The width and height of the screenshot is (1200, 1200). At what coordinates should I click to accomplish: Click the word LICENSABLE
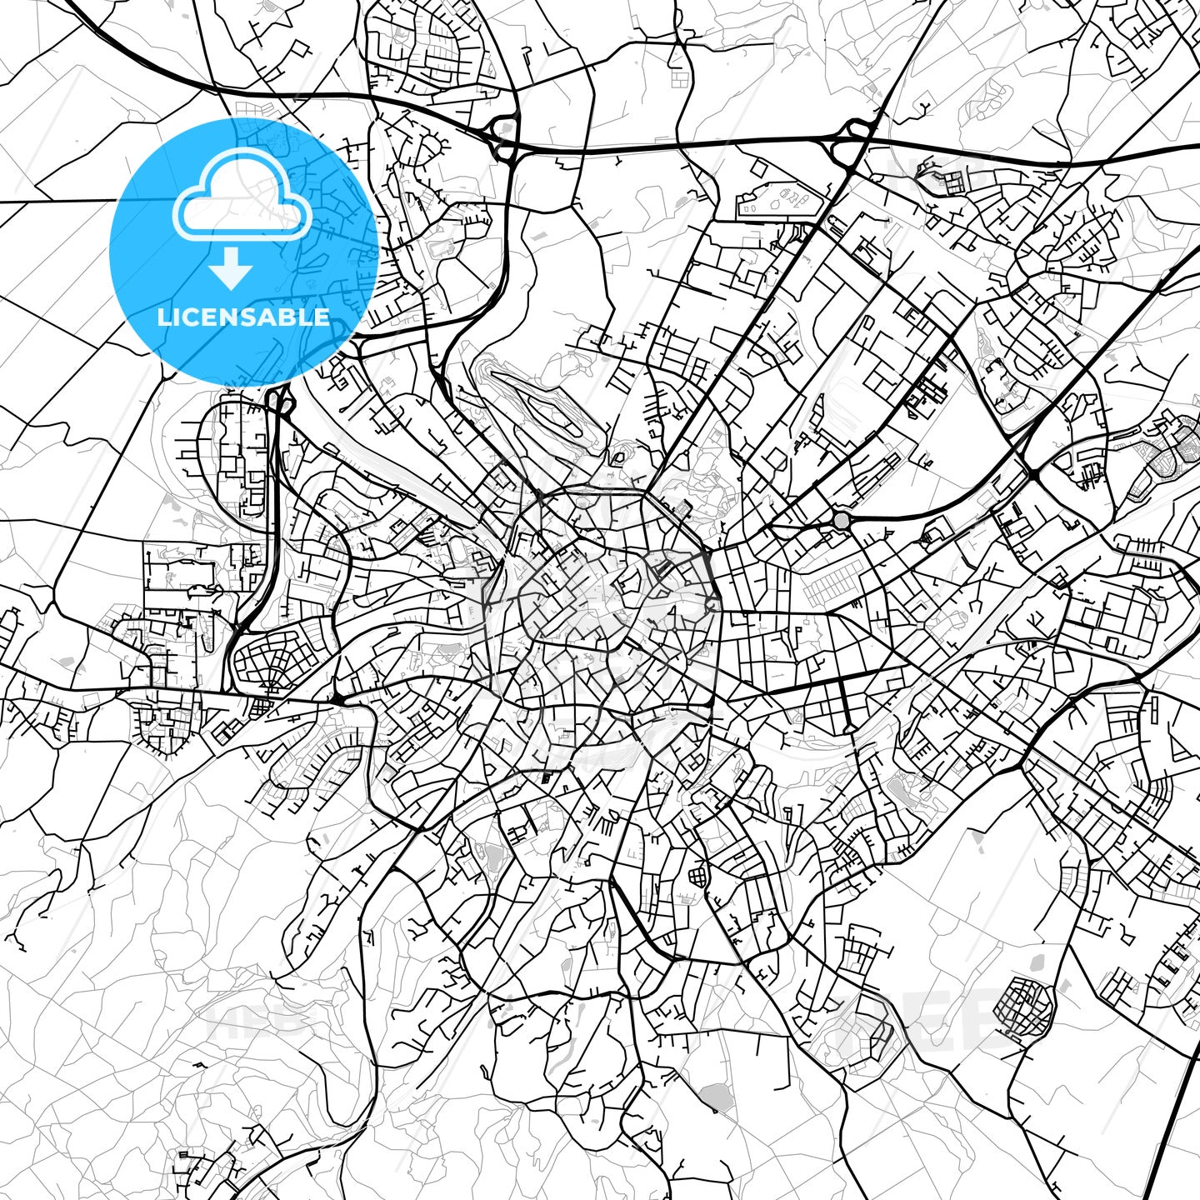point(243,317)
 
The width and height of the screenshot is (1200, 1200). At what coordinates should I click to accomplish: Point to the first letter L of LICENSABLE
point(162,317)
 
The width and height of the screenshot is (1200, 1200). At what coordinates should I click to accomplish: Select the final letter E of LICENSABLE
point(322,317)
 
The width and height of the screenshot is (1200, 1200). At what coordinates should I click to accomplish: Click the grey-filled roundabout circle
point(842,521)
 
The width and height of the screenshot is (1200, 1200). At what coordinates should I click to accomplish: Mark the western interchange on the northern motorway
point(504,137)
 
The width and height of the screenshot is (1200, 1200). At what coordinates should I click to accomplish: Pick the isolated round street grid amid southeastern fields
point(1025,1007)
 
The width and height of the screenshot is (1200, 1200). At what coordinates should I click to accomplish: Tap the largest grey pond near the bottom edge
point(713,1097)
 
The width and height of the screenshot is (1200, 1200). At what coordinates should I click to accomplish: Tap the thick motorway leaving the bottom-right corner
point(1175,1125)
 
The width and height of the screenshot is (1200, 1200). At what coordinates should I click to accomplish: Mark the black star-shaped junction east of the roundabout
point(1032,473)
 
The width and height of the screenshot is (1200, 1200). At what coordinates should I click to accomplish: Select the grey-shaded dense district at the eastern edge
point(1167,454)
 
